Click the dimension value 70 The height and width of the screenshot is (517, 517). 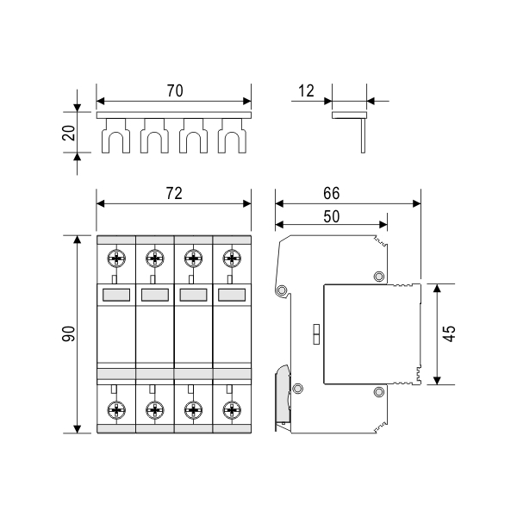tap(174, 90)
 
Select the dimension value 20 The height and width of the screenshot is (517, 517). tap(70, 131)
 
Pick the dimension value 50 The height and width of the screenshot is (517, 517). tap(332, 216)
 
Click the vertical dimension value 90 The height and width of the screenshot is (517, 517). tap(70, 333)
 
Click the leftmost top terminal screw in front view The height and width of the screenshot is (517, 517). tap(116, 258)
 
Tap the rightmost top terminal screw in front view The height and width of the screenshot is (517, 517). tap(230, 258)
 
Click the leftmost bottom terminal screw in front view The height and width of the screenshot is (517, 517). tap(116, 408)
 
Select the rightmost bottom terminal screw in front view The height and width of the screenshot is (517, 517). tap(230, 408)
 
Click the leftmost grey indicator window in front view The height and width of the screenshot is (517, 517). tap(116, 295)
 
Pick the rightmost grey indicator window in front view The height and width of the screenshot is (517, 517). tap(230, 295)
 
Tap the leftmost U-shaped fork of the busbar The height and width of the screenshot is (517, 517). tap(116, 138)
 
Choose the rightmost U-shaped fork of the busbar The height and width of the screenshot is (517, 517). tap(230, 138)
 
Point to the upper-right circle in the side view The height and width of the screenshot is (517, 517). tap(378, 277)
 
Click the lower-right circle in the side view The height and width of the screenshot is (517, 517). tap(378, 393)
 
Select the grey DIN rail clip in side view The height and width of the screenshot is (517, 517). tap(283, 393)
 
